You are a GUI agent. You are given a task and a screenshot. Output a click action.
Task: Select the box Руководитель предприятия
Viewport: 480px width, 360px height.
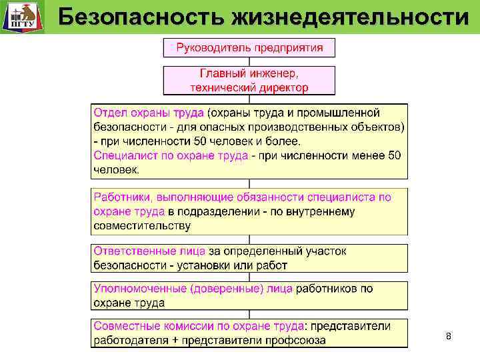click(249, 47)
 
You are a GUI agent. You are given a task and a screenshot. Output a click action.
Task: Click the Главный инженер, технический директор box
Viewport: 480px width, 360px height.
click(249, 80)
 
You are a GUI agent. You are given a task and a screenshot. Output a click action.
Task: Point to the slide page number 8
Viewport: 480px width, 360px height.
click(448, 337)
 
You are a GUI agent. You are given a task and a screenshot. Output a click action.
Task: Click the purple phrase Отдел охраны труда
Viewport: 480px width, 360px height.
click(149, 111)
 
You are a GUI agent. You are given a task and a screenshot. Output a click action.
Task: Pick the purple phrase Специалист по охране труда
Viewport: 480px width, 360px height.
click(171, 155)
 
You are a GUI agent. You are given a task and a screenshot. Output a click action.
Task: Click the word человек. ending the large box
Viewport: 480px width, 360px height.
click(116, 170)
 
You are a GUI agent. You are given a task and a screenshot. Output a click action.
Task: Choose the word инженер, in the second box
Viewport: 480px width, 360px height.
click(273, 73)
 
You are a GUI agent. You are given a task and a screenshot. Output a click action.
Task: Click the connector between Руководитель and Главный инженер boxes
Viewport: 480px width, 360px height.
click(249, 61)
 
